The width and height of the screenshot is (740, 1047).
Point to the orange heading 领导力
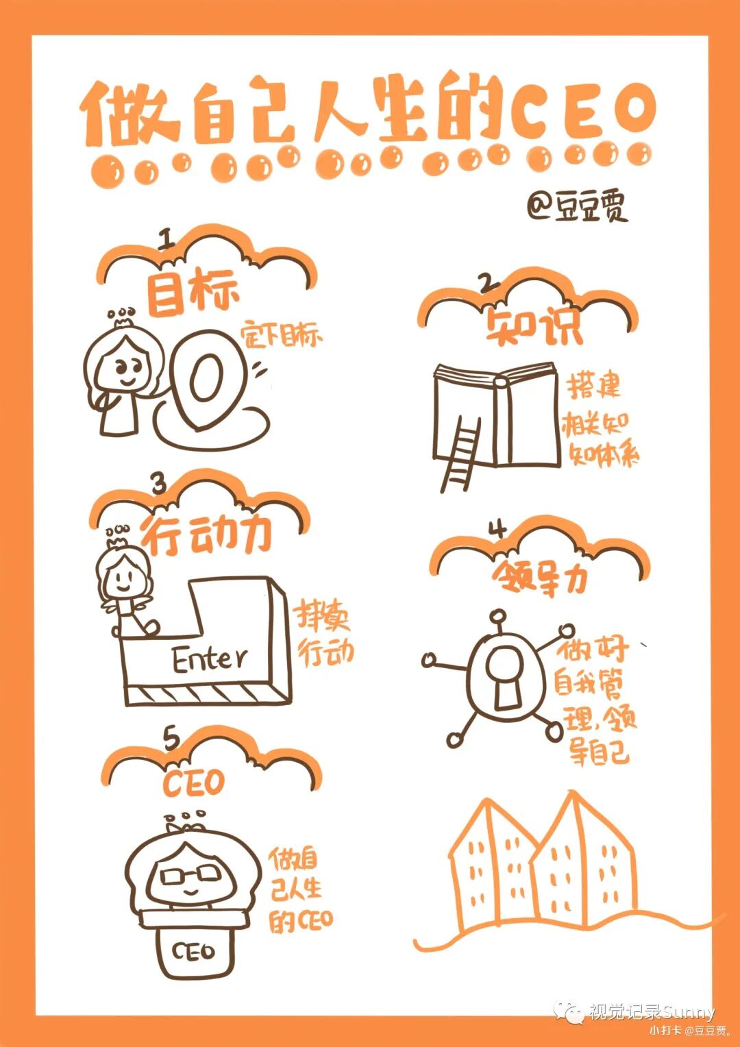pos(539,576)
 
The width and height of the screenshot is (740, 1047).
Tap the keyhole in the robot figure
pos(505,676)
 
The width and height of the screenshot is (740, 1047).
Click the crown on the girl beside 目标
pos(121,316)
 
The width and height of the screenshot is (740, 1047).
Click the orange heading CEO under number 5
pos(193,785)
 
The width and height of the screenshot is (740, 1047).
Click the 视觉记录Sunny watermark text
pos(652,1012)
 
